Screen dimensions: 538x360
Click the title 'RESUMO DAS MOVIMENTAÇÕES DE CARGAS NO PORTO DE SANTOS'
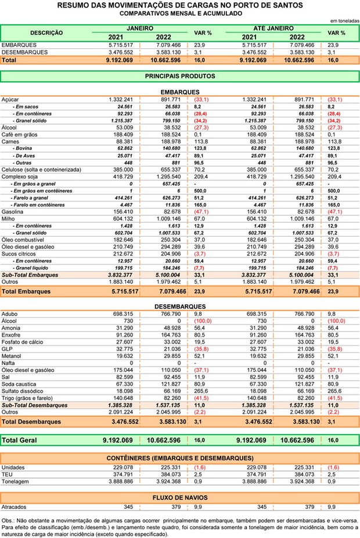[180, 5]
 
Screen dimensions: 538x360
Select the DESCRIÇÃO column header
[46, 33]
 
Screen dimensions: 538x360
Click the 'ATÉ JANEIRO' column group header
[273, 28]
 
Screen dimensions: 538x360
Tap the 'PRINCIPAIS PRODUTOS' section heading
[179, 76]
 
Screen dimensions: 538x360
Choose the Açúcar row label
[12, 99]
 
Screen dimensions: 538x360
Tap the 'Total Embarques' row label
[26, 291]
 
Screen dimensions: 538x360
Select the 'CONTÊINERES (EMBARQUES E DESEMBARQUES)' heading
[179, 458]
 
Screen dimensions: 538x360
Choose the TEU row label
[8, 474]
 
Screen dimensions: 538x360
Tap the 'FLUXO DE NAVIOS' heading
[179, 498]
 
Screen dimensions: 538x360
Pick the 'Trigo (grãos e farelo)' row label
[29, 398]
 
